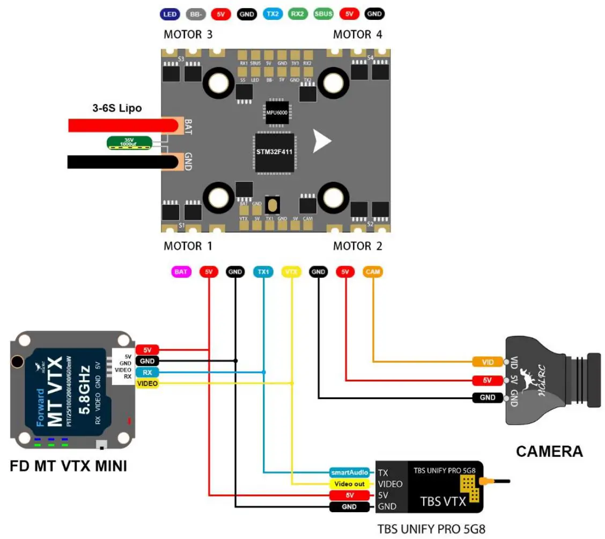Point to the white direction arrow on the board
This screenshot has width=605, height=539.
click(x=322, y=141)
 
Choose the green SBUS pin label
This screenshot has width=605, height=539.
click(x=323, y=14)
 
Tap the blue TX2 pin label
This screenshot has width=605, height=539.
click(x=272, y=14)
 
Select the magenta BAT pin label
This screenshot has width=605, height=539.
click(x=181, y=272)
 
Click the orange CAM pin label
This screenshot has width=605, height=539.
click(x=373, y=272)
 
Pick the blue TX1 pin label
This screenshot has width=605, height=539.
click(x=263, y=272)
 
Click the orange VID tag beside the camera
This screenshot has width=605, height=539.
click(x=488, y=362)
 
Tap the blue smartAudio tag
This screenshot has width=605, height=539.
click(x=349, y=472)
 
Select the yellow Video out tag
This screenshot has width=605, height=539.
click(x=349, y=484)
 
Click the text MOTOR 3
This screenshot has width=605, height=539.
click(x=188, y=35)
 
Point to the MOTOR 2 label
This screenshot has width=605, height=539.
click(x=357, y=246)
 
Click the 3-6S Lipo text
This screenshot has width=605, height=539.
click(x=117, y=108)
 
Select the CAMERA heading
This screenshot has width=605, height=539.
click(x=549, y=451)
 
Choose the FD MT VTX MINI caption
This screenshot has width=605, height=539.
click(x=69, y=466)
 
